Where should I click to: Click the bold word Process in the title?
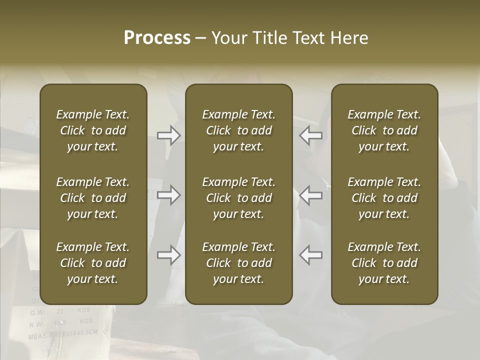pyautogui.click(x=157, y=38)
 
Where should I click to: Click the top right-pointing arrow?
pyautogui.click(x=169, y=135)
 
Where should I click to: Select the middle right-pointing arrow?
pyautogui.click(x=169, y=194)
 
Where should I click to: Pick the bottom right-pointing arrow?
pyautogui.click(x=169, y=255)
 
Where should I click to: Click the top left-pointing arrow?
pyautogui.click(x=311, y=135)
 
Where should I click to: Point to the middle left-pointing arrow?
pyautogui.click(x=311, y=194)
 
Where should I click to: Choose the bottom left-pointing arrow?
pyautogui.click(x=311, y=255)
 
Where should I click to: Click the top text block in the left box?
pyautogui.click(x=93, y=130)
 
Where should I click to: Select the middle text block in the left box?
pyautogui.click(x=93, y=198)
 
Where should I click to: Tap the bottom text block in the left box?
pyautogui.click(x=93, y=263)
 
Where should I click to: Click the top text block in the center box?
pyautogui.click(x=239, y=130)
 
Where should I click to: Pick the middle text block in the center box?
pyautogui.click(x=239, y=198)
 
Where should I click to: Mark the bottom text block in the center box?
pyautogui.click(x=239, y=263)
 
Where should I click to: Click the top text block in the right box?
pyautogui.click(x=384, y=130)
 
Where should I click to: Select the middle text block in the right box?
pyautogui.click(x=384, y=198)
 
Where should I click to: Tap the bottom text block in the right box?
pyautogui.click(x=384, y=263)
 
